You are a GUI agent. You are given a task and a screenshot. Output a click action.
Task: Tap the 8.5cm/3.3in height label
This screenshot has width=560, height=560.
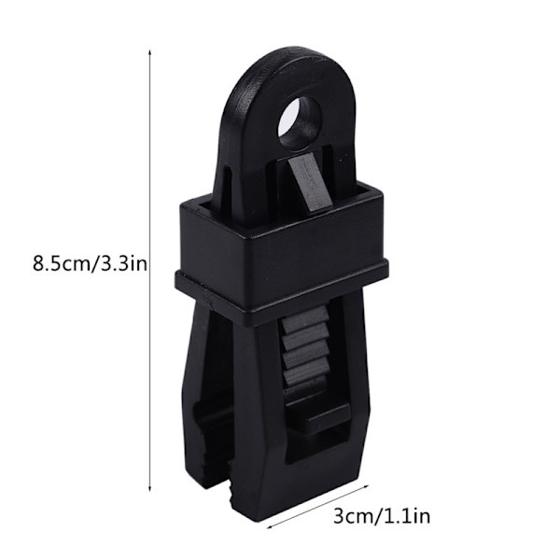pyautogui.click(x=90, y=265)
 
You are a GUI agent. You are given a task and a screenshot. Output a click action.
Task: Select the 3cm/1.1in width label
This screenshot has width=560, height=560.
pyautogui.click(x=382, y=516)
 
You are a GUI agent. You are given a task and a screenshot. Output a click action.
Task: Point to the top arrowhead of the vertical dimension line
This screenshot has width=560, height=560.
pyautogui.click(x=150, y=52)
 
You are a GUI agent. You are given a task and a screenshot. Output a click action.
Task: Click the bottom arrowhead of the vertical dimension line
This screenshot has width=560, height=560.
pyautogui.click(x=150, y=489)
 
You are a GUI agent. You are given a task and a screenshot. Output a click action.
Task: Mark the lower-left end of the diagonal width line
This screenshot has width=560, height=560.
pyautogui.click(x=268, y=527)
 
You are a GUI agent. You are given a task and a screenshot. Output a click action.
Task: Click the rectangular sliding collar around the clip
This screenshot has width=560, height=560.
pyautogui.click(x=282, y=250)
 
